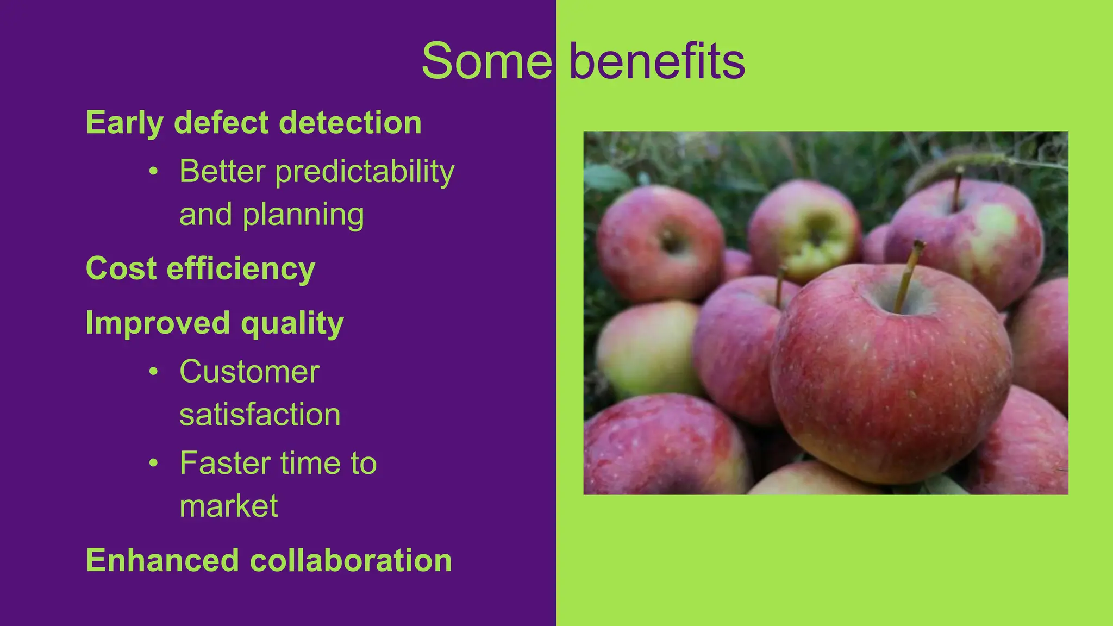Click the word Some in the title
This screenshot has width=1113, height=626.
tap(486, 61)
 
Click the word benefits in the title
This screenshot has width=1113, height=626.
tap(656, 61)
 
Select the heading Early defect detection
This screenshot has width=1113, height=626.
tap(254, 123)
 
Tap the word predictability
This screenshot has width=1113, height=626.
tap(365, 172)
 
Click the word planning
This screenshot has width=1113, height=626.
tap(303, 215)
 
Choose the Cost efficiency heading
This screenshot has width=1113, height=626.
tap(201, 268)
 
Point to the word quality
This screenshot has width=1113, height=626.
tap(292, 324)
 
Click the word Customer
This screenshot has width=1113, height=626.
tap(249, 372)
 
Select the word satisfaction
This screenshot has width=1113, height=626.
tap(260, 415)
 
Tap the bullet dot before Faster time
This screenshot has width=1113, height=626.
tap(154, 463)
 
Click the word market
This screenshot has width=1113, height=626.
tap(229, 506)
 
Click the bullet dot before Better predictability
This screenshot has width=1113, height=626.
tap(154, 172)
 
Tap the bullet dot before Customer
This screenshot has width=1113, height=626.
tap(154, 372)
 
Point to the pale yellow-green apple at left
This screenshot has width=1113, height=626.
tap(647, 348)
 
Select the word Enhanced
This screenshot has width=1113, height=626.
tap(162, 560)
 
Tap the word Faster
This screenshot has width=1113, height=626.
tap(225, 464)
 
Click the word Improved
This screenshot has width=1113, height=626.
tap(158, 323)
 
